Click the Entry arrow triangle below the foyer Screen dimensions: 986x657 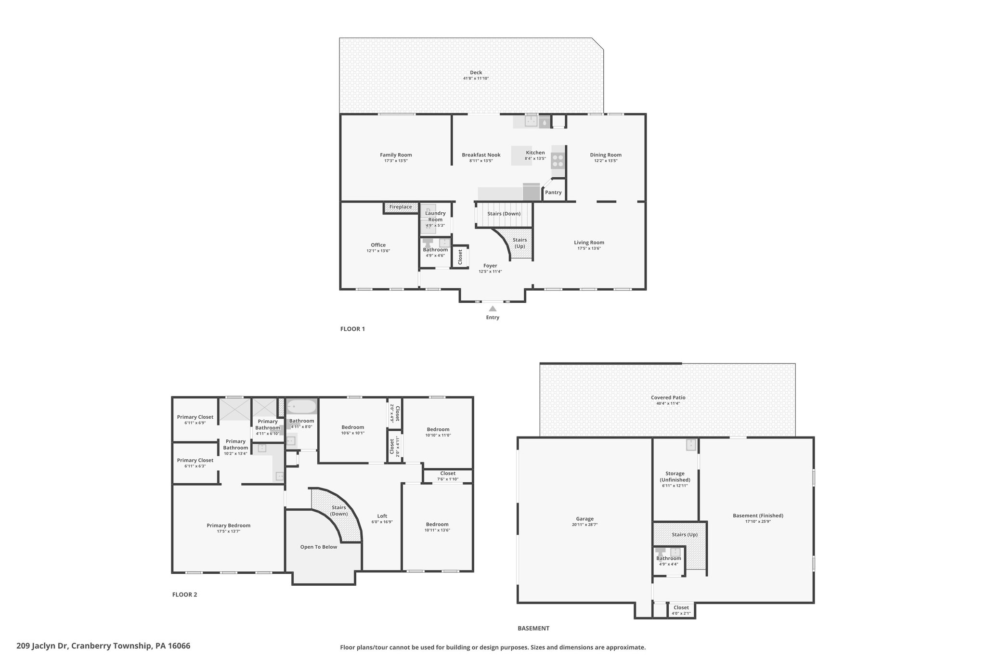pyautogui.click(x=493, y=309)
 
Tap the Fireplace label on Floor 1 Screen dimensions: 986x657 pyautogui.click(x=401, y=207)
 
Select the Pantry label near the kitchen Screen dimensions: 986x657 pyautogui.click(x=553, y=193)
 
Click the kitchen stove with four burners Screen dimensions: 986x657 pyautogui.click(x=558, y=160)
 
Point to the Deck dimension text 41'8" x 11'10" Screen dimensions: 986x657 pyautogui.click(x=476, y=78)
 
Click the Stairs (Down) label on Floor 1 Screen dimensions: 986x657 pyautogui.click(x=504, y=214)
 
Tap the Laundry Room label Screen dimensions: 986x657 pyautogui.click(x=435, y=217)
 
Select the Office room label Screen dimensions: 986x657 pyautogui.click(x=378, y=245)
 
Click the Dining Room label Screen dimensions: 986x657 pyautogui.click(x=606, y=155)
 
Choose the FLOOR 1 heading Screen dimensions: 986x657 pyautogui.click(x=352, y=329)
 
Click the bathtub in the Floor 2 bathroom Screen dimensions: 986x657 pyautogui.click(x=302, y=407)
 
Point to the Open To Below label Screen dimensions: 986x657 pyautogui.click(x=319, y=547)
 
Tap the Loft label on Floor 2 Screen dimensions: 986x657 pyautogui.click(x=382, y=516)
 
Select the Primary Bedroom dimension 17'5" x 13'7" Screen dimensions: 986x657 pyautogui.click(x=229, y=531)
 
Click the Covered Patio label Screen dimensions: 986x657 pyautogui.click(x=668, y=398)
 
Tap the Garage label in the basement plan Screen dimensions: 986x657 pyautogui.click(x=585, y=519)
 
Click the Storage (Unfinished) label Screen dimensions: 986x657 pyautogui.click(x=675, y=477)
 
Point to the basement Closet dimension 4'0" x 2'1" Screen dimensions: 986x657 pyautogui.click(x=681, y=613)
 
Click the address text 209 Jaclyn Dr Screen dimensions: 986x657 pyautogui.click(x=42, y=646)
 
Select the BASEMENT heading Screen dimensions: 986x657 pyautogui.click(x=533, y=628)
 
